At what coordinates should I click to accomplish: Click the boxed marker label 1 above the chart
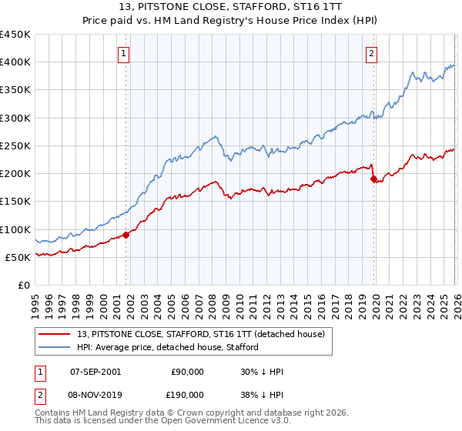(x=124, y=53)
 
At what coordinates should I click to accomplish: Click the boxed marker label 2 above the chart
(x=371, y=53)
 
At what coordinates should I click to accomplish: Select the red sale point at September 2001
(x=126, y=235)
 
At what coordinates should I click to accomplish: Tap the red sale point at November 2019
(x=374, y=179)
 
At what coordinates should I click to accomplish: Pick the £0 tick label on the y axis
(x=25, y=285)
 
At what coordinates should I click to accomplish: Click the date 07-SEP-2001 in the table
(x=95, y=372)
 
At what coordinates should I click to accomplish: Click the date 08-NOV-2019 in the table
(x=95, y=394)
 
